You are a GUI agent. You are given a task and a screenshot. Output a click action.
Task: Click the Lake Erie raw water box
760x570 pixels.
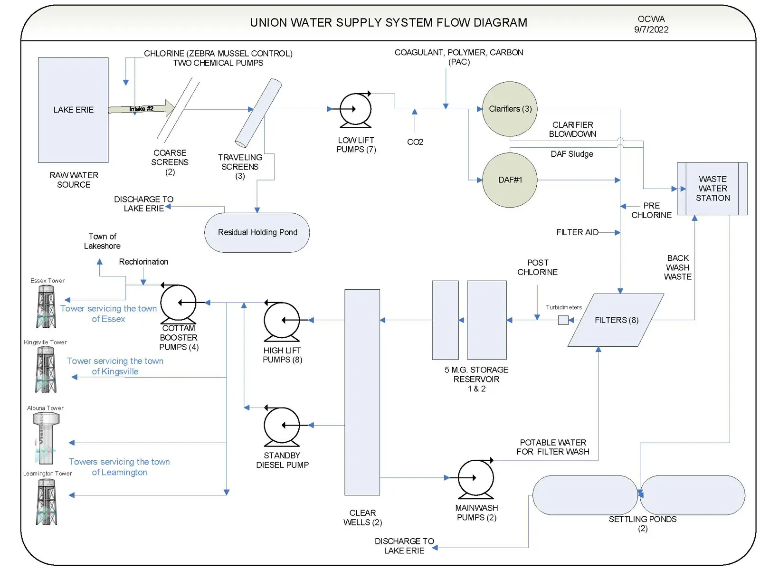73,110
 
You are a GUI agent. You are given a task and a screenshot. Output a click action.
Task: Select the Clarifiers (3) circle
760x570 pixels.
510,109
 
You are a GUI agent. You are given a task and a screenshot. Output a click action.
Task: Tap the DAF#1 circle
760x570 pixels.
510,180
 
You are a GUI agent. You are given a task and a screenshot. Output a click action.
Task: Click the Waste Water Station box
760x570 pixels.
712,189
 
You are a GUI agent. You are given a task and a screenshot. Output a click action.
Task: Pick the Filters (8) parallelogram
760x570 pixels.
616,320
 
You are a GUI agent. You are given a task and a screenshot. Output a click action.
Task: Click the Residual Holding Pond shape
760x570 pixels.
257,232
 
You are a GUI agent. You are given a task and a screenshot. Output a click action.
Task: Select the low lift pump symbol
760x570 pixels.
356,110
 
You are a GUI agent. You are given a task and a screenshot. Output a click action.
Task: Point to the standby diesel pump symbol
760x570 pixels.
282,426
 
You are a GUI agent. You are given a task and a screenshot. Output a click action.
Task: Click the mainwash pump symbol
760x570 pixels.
475,478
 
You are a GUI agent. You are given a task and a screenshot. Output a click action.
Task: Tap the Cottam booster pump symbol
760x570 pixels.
178,303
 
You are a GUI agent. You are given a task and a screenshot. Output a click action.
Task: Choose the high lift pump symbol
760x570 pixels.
282,321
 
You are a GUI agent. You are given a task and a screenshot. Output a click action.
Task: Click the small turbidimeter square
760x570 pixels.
563,320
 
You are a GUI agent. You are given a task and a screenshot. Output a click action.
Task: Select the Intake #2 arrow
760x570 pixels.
142,109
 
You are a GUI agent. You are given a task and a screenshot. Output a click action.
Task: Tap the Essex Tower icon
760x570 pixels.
47,307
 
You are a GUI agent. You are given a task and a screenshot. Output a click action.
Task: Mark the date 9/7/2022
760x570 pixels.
651,29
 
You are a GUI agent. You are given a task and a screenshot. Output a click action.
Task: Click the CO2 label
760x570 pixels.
415,142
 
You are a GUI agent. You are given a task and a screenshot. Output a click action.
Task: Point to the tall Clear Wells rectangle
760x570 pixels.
362,392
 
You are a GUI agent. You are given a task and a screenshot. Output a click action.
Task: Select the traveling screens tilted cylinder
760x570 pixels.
259,113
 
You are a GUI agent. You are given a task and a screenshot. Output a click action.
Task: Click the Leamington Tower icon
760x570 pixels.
47,502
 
